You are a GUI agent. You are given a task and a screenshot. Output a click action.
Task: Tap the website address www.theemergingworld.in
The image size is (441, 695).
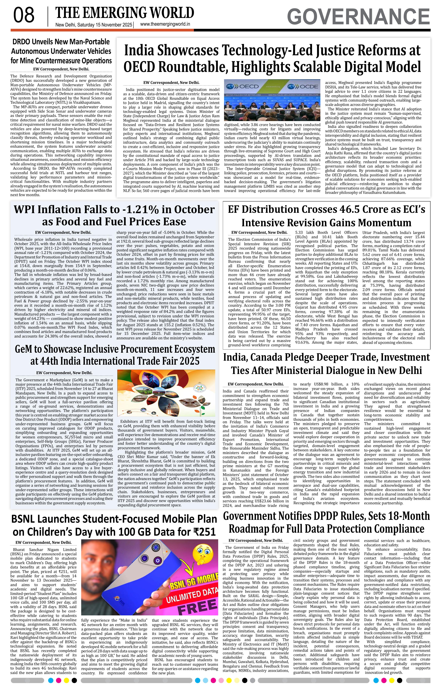165,24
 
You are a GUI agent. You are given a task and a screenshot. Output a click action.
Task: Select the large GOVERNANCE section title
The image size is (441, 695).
358,17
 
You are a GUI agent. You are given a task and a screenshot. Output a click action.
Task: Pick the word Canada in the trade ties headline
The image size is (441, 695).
267,357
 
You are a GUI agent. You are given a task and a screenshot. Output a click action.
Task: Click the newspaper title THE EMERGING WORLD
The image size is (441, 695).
125,13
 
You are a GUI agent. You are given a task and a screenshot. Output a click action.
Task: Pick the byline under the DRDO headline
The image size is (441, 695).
61,69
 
